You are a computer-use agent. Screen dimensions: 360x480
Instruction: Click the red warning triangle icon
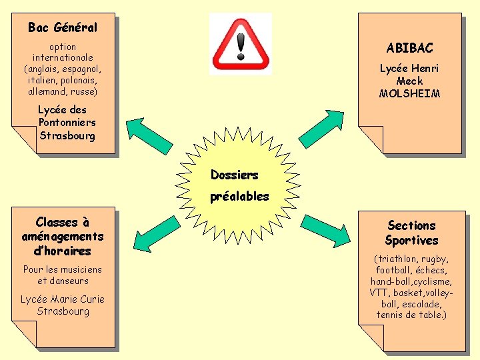[241, 44]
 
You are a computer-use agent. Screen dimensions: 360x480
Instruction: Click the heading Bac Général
[63, 27]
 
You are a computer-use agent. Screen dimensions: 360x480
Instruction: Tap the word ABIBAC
[409, 48]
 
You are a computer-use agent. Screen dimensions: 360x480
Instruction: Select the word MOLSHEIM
[409, 94]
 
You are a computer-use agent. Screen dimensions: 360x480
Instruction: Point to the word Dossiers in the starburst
[234, 175]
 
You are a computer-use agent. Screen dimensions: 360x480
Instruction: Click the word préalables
[239, 196]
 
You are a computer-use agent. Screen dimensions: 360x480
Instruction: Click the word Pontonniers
[67, 123]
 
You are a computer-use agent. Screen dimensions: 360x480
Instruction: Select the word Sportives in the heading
[411, 240]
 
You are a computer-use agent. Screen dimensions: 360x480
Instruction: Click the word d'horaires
[63, 251]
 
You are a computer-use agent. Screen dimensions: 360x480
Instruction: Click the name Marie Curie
[74, 299]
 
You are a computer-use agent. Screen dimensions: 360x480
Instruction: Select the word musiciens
[81, 269]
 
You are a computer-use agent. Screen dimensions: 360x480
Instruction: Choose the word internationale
[63, 58]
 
